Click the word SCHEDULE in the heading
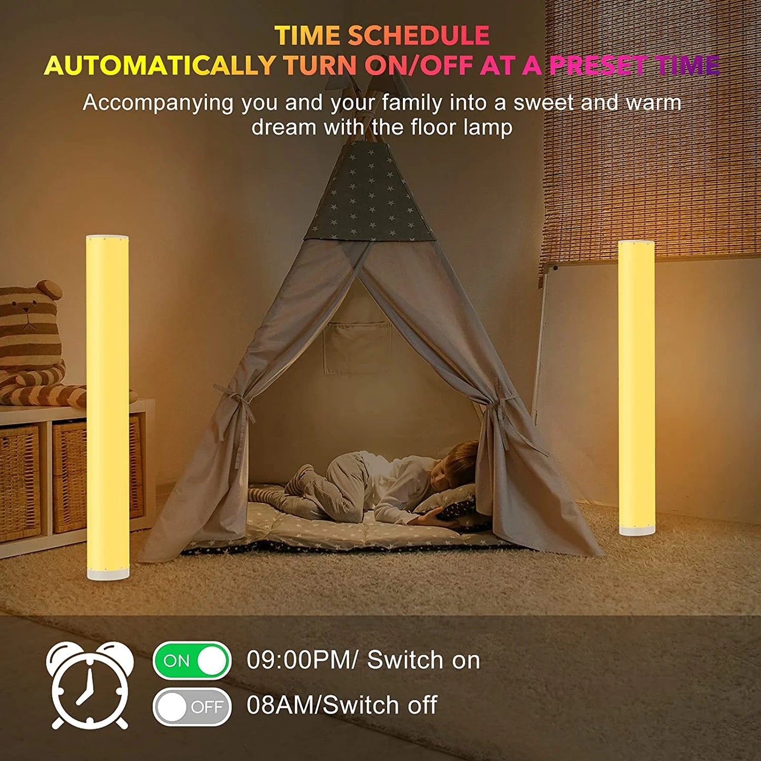coord(419,36)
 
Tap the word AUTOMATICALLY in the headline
coord(159,66)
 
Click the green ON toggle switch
coord(192,660)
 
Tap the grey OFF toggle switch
coord(192,706)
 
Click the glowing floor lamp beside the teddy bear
coord(107,406)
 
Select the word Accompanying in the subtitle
coord(158,103)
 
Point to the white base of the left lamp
coord(108,572)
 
